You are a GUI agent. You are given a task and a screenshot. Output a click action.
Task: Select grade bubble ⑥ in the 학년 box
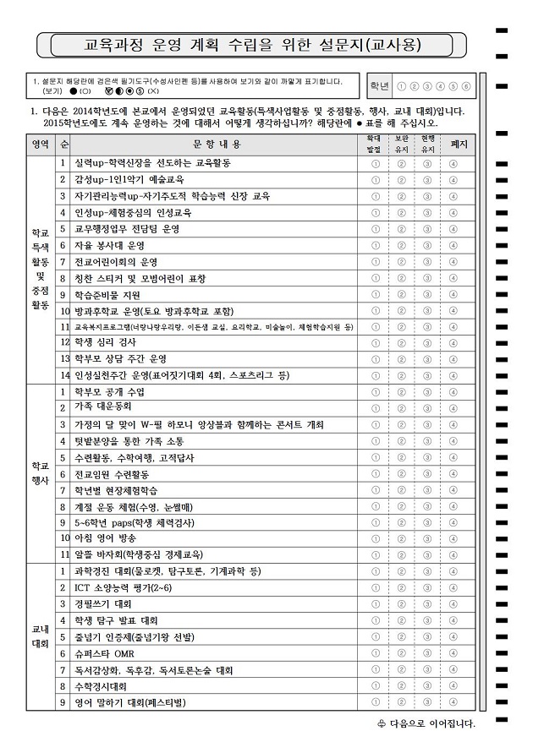point(466,87)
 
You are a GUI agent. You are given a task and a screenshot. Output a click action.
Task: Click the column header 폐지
point(459,144)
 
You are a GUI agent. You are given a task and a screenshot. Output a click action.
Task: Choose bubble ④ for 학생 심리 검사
point(453,342)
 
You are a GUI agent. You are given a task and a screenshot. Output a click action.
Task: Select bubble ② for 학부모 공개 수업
point(401,391)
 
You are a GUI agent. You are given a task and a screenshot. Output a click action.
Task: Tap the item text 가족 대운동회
point(99,408)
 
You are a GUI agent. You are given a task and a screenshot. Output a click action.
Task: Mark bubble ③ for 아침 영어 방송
point(427,538)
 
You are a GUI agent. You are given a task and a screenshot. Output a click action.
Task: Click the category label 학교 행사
point(40,473)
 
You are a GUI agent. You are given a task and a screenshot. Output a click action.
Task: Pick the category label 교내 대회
point(40,636)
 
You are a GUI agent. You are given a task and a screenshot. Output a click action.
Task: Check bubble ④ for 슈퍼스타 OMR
point(453,653)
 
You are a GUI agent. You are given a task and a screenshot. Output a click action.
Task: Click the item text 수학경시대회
point(101,686)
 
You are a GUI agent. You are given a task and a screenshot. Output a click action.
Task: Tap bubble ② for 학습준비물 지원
point(401,295)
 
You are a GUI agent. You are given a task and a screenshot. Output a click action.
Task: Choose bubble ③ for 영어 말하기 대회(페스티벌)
point(427,702)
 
